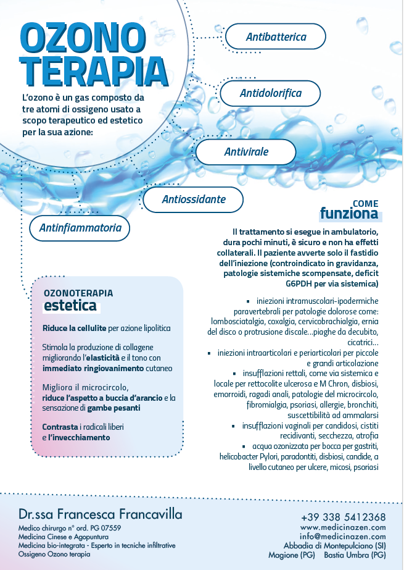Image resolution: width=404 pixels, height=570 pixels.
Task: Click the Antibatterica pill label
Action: click(276, 37)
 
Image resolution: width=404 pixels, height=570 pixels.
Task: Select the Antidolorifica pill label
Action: click(270, 93)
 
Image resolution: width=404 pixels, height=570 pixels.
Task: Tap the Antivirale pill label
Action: click(246, 151)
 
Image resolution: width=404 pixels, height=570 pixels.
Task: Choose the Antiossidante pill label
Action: click(193, 199)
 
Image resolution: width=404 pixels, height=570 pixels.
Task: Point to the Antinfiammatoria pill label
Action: click(80, 228)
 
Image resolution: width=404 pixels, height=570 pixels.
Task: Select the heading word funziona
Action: click(348, 214)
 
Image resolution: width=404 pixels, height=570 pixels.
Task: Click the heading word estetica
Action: click(69, 306)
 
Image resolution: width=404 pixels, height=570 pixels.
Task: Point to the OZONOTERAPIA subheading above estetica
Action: click(78, 293)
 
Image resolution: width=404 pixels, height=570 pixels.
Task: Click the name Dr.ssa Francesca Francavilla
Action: click(100, 514)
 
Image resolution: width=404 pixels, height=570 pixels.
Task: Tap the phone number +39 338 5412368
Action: click(344, 517)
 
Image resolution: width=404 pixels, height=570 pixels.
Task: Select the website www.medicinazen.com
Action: click(343, 527)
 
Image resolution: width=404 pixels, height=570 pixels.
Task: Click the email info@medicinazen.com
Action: click(343, 537)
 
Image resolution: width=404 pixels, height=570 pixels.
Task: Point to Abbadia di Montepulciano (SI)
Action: click(335, 546)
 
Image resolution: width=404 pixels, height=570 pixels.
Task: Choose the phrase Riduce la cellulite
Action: click(75, 328)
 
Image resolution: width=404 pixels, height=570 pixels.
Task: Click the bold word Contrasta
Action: click(62, 427)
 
